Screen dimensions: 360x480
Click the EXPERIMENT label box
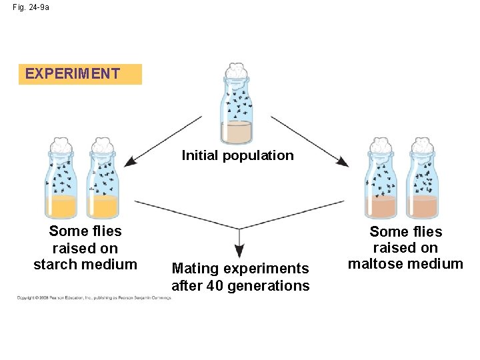80,74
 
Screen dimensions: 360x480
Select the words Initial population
237,155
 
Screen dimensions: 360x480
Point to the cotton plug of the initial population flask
236,71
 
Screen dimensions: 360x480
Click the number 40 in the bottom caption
227,286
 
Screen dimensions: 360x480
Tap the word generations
274,286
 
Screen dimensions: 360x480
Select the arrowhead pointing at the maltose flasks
343,162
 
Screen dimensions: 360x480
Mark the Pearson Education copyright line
94,298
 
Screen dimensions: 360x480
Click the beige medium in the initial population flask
236,134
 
